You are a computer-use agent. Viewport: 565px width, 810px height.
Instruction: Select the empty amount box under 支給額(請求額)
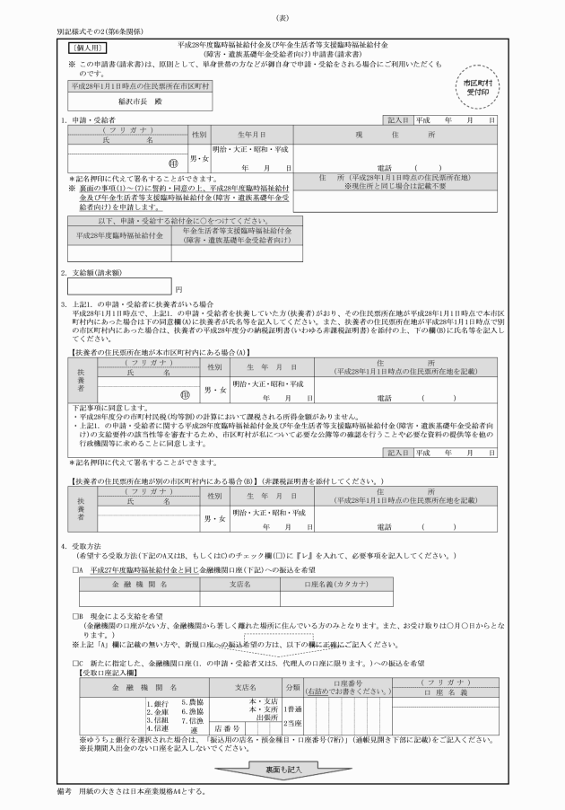[x=120, y=287]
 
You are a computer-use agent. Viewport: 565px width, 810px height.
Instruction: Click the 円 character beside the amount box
[x=178, y=289]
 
